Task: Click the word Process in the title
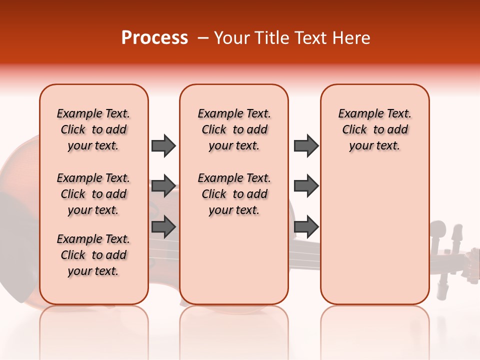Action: point(154,38)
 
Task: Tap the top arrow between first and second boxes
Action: point(163,145)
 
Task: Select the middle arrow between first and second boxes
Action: point(163,186)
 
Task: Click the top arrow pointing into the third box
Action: point(306,145)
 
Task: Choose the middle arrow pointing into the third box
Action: point(306,186)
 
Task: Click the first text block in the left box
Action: point(93,129)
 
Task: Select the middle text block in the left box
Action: point(93,194)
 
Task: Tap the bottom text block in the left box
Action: point(93,255)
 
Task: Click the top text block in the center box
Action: point(234,129)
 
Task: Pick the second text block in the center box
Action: point(234,194)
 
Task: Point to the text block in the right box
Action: point(374,129)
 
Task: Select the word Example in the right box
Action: point(355,114)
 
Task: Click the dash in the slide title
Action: point(203,38)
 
